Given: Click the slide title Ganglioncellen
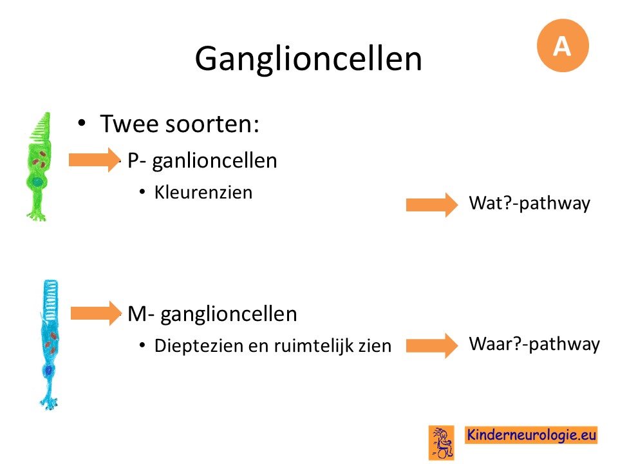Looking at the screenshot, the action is click(308, 59).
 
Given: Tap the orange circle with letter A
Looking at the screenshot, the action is click(563, 45).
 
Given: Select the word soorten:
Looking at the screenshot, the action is click(212, 124).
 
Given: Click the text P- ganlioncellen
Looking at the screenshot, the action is click(203, 161).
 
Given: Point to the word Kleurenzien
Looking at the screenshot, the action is click(203, 193).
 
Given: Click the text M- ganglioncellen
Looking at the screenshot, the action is click(212, 314).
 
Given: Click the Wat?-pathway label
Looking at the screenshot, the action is click(529, 204).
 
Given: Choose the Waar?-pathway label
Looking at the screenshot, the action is click(534, 344).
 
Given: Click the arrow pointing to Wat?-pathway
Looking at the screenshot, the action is click(432, 205).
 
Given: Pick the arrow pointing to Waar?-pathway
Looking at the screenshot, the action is click(432, 345).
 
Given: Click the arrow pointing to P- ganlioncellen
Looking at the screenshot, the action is click(95, 160).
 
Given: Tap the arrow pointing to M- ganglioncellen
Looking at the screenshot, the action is click(96, 313).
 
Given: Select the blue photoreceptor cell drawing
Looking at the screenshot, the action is click(50, 345).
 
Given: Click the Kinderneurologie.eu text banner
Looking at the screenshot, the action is click(531, 435).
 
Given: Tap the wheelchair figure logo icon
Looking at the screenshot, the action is click(442, 442).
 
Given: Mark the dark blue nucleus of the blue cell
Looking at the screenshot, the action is click(49, 371).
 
